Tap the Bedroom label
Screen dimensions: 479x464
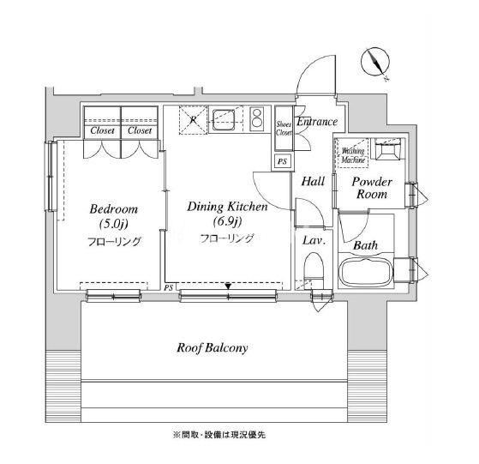click(114, 209)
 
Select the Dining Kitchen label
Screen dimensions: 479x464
click(227, 207)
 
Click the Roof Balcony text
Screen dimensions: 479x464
click(213, 348)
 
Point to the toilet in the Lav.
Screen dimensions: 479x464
click(314, 269)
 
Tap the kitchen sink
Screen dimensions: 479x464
click(224, 120)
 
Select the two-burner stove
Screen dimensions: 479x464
click(256, 119)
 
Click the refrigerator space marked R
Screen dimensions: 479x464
click(193, 120)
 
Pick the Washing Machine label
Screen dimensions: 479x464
click(353, 155)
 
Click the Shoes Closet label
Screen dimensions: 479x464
click(284, 129)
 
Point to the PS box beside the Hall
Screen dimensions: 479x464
click(282, 160)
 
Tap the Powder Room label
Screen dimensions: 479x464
click(372, 188)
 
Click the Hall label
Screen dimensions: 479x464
click(313, 182)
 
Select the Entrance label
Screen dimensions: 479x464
click(317, 122)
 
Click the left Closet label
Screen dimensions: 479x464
click(102, 130)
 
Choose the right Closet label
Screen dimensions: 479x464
click(140, 130)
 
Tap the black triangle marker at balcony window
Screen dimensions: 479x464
click(228, 286)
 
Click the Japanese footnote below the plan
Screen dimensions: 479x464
click(219, 435)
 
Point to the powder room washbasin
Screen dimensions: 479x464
click(387, 150)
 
